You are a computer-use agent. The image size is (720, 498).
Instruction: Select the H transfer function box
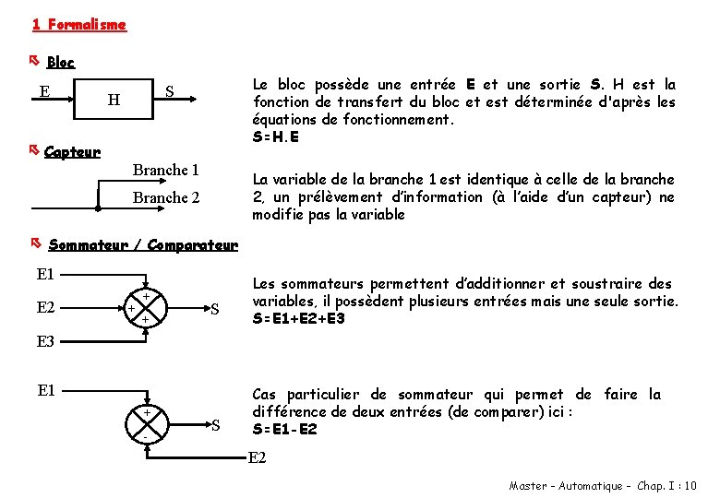pyautogui.click(x=113, y=98)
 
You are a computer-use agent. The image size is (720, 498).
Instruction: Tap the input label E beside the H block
pyautogui.click(x=44, y=90)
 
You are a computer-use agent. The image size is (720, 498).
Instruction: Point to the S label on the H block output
pyautogui.click(x=169, y=91)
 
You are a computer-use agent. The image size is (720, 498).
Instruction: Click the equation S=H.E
pyautogui.click(x=276, y=137)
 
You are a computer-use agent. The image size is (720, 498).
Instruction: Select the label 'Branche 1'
pyautogui.click(x=165, y=171)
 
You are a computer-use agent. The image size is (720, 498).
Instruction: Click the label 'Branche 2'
pyautogui.click(x=165, y=197)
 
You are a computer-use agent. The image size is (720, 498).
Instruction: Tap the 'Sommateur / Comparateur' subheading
pyautogui.click(x=142, y=245)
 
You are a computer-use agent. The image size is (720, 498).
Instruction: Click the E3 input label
pyautogui.click(x=46, y=342)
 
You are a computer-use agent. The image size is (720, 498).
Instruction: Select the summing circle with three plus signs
pyautogui.click(x=146, y=308)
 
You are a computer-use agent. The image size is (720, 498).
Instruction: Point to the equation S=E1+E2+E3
pyautogui.click(x=299, y=319)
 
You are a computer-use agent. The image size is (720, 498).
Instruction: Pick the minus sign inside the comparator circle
pyautogui.click(x=145, y=435)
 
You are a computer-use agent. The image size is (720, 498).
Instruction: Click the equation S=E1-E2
pyautogui.click(x=284, y=430)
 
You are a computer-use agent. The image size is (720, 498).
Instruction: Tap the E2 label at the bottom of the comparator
pyautogui.click(x=258, y=457)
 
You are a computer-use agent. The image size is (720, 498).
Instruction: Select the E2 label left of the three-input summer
pyautogui.click(x=46, y=308)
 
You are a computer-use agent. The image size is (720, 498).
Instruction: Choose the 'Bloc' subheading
pyautogui.click(x=60, y=63)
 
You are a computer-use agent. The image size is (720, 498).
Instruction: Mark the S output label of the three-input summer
pyautogui.click(x=214, y=308)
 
